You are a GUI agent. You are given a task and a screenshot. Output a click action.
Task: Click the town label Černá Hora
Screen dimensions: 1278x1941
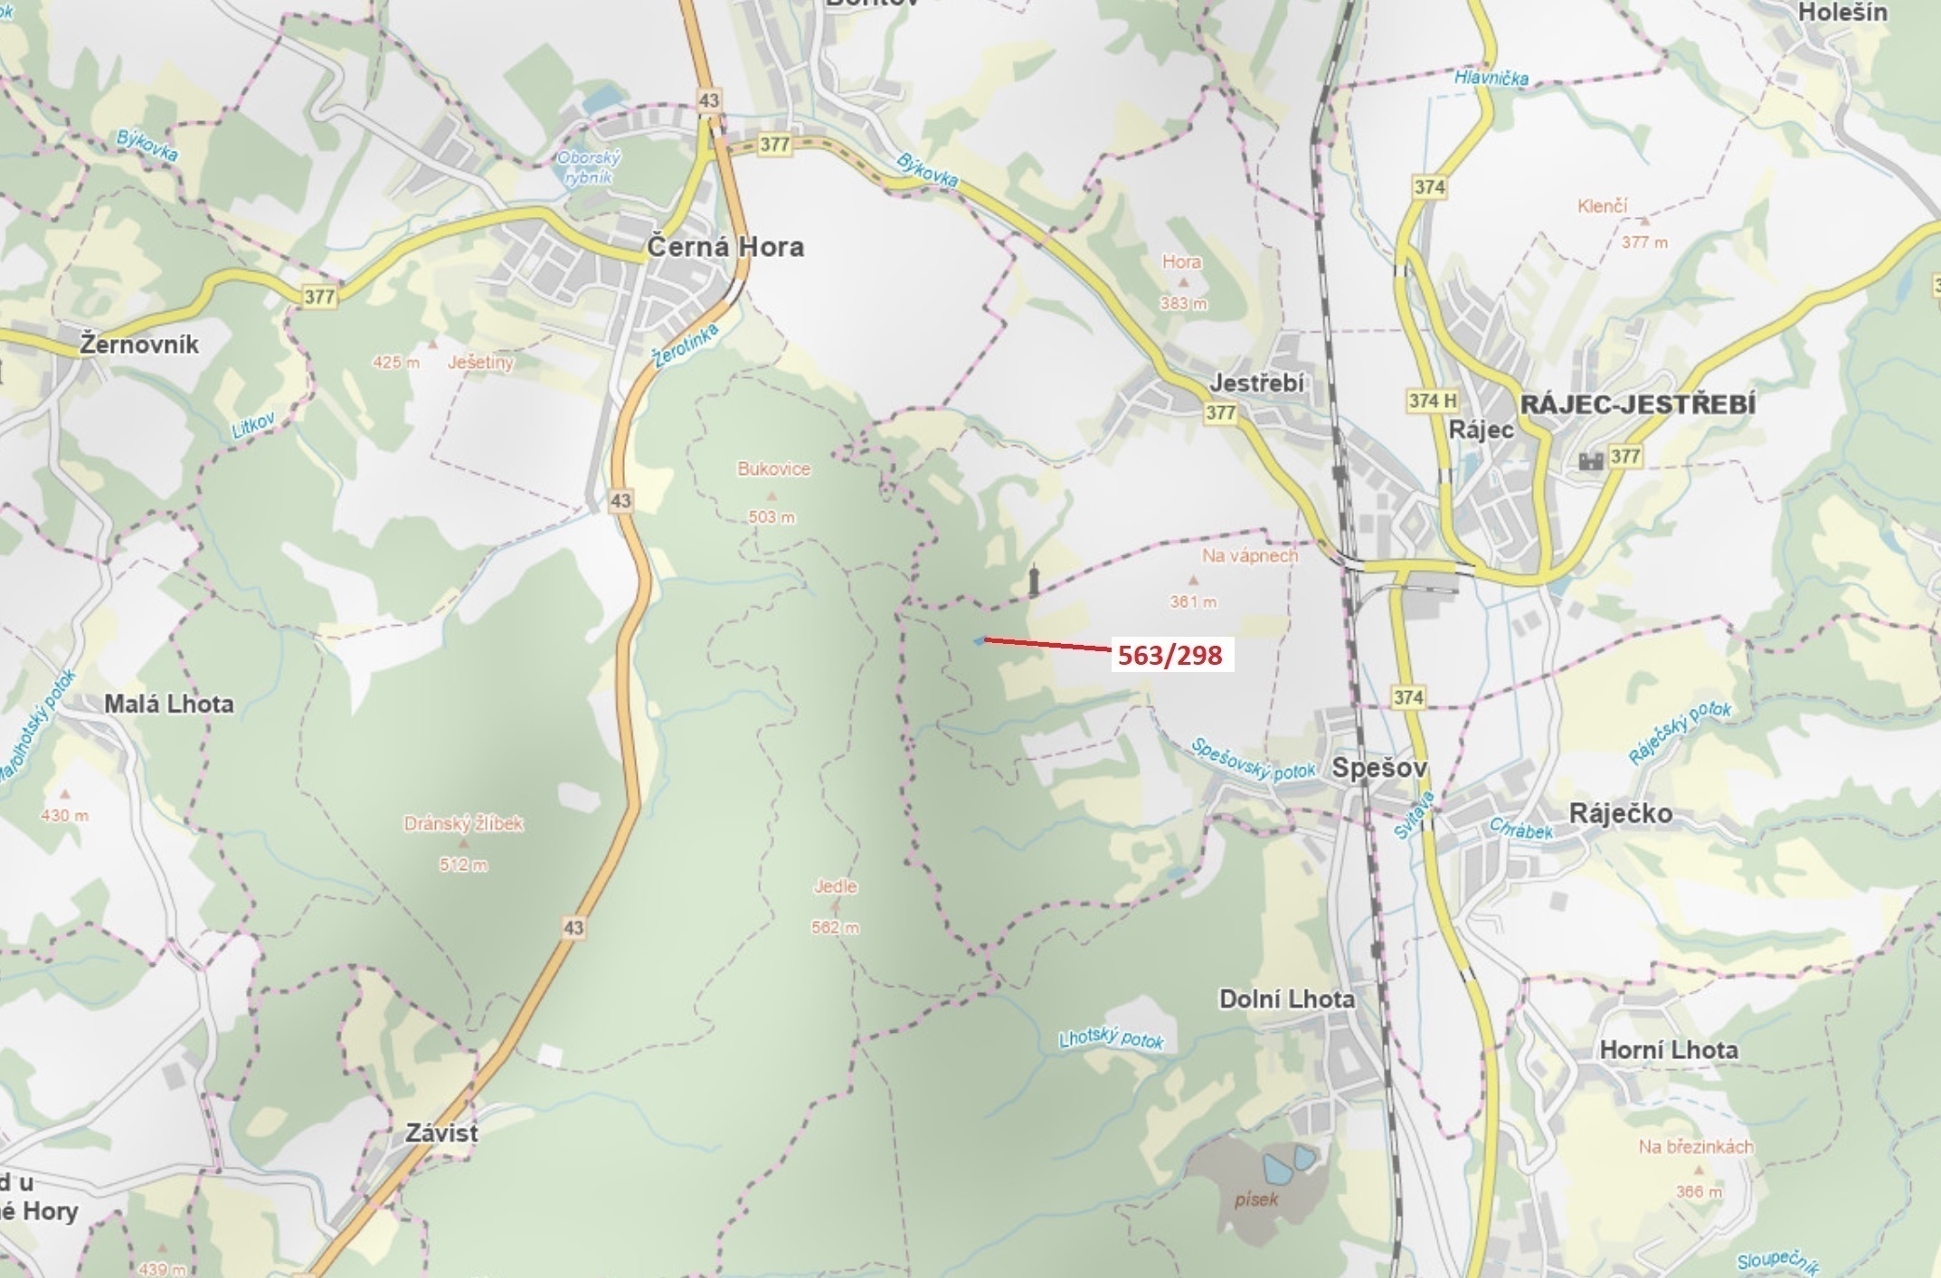[725, 247]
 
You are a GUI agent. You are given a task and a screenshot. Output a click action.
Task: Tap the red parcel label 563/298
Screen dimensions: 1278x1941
[1170, 655]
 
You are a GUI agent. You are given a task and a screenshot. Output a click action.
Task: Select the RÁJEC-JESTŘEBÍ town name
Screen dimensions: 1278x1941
[1638, 403]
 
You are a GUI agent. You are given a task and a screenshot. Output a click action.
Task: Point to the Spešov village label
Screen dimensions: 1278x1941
[1379, 769]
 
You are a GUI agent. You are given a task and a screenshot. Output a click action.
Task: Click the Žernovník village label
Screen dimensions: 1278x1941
[139, 345]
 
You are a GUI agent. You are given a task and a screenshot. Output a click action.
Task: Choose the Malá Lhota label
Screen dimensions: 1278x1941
[169, 704]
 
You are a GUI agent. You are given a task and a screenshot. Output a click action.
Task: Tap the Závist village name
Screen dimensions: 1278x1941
[441, 1132]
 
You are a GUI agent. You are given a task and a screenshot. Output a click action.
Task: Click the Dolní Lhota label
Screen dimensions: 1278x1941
[1287, 999]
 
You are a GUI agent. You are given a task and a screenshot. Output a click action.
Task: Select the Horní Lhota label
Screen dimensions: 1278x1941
[1669, 1050]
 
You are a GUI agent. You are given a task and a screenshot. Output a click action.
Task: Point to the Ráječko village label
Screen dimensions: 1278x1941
[1620, 813]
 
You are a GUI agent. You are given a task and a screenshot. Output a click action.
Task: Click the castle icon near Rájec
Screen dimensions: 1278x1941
[1590, 460]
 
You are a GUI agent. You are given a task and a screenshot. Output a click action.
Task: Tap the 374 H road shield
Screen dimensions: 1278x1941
[1433, 400]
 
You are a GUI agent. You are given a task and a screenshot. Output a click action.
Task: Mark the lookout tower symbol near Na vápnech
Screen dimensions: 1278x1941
[1034, 581]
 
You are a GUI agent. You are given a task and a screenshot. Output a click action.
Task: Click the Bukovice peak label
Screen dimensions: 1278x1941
[773, 469]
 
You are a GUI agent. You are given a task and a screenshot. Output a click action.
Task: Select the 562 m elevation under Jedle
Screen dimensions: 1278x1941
[836, 927]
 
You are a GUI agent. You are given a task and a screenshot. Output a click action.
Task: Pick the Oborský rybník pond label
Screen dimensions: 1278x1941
[589, 167]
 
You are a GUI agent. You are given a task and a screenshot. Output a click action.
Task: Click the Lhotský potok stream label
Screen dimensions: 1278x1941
[1112, 1039]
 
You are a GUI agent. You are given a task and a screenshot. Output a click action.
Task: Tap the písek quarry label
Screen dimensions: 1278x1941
[1256, 1199]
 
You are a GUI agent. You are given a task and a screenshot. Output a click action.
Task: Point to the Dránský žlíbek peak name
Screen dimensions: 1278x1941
[463, 824]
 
